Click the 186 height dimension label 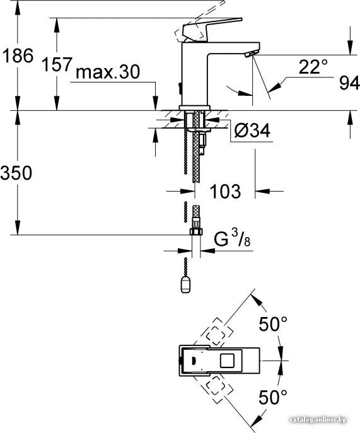point(18,55)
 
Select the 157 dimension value point(57,64)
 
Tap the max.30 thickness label point(108,72)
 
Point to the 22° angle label point(313,67)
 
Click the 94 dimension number point(349,83)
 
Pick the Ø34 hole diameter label point(252,130)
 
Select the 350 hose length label point(16,173)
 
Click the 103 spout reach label point(225,191)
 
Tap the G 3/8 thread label point(232,238)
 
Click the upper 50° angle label point(273,323)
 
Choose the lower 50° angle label point(273,397)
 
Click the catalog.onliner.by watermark point(318,420)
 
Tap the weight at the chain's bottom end point(185,285)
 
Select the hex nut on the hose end point(196,231)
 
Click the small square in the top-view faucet point(228,361)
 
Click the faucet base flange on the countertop point(195,108)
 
